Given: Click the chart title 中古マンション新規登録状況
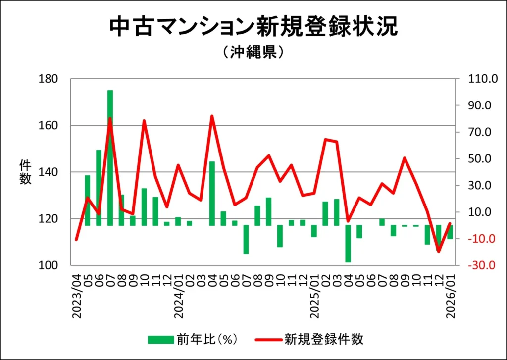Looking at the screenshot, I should coord(253,27).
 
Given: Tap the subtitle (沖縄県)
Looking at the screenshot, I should coord(253,52).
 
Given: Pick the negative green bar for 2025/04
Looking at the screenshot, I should coord(348,244).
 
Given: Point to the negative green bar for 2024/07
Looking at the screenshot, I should coord(246,239).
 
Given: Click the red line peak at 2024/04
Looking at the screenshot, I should coord(212,116).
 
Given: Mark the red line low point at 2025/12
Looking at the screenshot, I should coord(438,251).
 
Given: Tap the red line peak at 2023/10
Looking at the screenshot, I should coord(144,121).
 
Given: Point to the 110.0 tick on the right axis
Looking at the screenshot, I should coord(475,79).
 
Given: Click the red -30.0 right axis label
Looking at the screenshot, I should coord(475,265).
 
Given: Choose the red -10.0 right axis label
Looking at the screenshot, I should coord(475,239).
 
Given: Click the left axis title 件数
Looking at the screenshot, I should coord(25,172).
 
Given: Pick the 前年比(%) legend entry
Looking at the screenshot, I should coord(193,339).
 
